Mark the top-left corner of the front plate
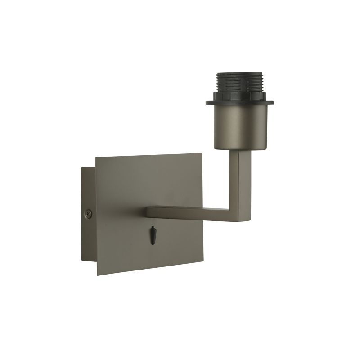[96, 158]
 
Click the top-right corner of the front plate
[203, 155]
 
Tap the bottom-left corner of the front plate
[97, 275]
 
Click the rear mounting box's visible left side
[88, 216]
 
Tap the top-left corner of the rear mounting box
[82, 168]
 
